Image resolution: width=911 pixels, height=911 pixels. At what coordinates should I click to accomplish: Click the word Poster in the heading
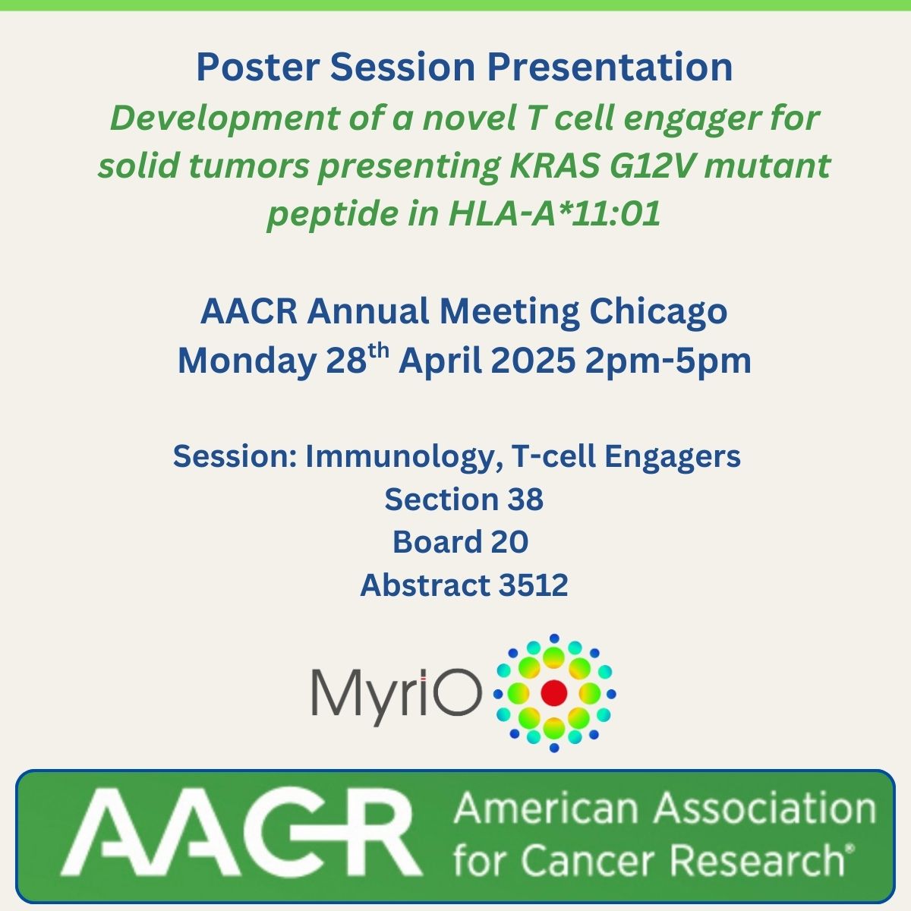click(257, 67)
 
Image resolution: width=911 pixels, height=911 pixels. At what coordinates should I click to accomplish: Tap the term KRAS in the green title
click(553, 165)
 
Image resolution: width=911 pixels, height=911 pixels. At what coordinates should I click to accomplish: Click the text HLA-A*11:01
click(554, 213)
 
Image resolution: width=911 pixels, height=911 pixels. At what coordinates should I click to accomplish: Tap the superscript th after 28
click(379, 351)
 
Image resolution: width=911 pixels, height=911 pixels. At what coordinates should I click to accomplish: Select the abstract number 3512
click(533, 585)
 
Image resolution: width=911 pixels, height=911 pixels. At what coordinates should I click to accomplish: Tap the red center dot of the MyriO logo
click(554, 692)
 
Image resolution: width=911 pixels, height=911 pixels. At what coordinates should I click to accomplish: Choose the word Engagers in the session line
click(672, 457)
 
